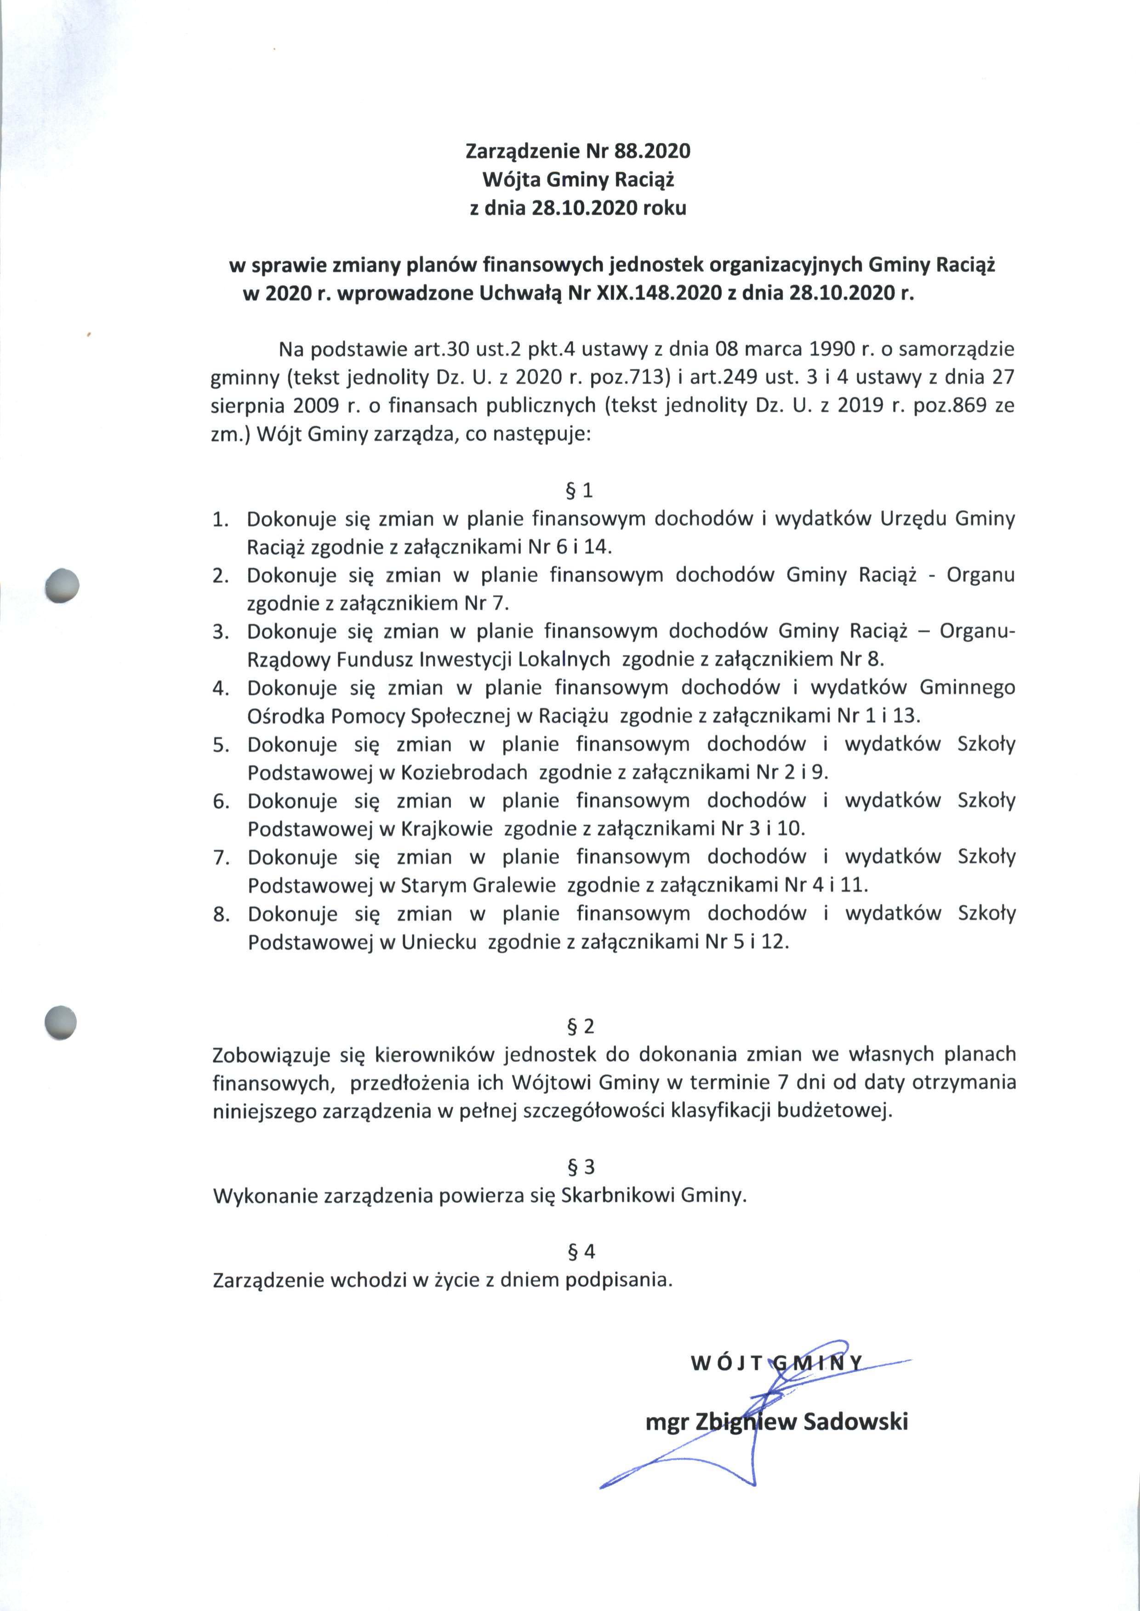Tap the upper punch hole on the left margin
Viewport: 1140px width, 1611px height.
(x=61, y=584)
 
